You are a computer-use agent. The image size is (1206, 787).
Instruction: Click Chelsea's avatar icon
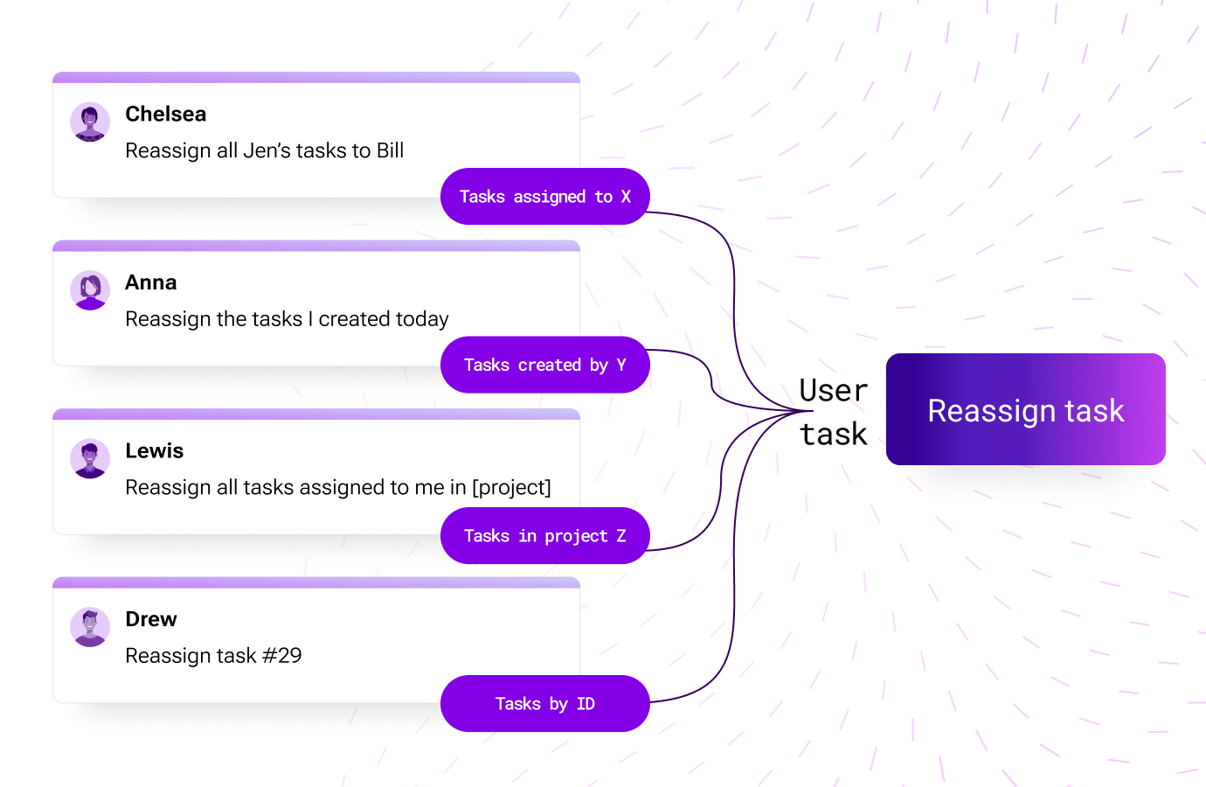[x=90, y=122]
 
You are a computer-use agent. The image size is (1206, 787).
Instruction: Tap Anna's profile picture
[x=90, y=290]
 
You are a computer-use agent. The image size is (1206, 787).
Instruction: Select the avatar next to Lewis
[x=90, y=458]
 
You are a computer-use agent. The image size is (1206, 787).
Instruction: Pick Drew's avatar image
[x=90, y=627]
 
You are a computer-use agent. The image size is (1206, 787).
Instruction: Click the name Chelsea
[x=166, y=115]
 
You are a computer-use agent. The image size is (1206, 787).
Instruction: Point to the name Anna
[x=150, y=282]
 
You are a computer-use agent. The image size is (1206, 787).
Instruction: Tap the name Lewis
[x=155, y=451]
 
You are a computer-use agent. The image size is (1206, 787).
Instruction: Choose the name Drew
[x=150, y=619]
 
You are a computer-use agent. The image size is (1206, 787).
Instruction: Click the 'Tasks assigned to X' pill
[x=544, y=197]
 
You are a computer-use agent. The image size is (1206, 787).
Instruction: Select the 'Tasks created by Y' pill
[x=544, y=365]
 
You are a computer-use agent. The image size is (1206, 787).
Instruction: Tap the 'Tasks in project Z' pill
[x=544, y=536]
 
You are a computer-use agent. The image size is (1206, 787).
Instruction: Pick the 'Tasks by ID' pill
[x=544, y=704]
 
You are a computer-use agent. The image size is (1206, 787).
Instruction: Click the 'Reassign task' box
[x=1026, y=409]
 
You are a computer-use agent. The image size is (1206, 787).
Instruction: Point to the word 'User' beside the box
[x=834, y=390]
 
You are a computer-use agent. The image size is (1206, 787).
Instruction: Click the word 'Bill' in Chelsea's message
[x=390, y=150]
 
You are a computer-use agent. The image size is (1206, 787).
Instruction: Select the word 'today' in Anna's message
[x=422, y=319]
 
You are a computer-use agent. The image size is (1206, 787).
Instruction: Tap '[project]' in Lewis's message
[x=511, y=487]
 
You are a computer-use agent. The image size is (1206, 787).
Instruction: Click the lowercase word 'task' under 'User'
[x=834, y=435]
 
